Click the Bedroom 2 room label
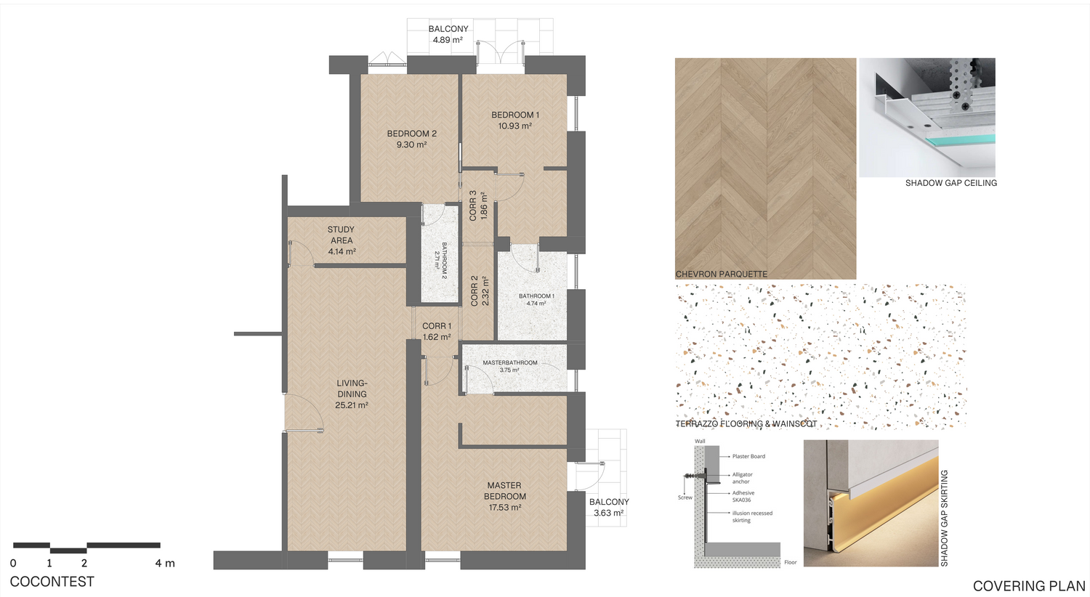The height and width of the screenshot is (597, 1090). click(412, 134)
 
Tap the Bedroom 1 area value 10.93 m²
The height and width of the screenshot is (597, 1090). click(514, 126)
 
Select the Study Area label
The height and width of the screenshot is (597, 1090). click(341, 235)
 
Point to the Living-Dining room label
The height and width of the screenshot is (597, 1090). click(352, 389)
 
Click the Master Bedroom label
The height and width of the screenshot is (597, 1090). click(504, 490)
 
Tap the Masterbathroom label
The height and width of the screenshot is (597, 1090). click(510, 362)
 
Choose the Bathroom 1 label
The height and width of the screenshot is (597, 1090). click(536, 296)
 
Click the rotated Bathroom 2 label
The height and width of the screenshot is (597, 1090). click(444, 261)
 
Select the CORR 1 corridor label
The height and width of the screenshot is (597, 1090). click(437, 326)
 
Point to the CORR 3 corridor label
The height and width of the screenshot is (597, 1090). click(473, 206)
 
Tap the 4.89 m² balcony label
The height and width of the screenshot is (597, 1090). click(448, 40)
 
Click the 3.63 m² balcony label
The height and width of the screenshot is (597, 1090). click(609, 513)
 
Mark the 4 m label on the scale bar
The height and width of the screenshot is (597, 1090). click(165, 564)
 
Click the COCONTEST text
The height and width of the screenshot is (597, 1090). click(52, 582)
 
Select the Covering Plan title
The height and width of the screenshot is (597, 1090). click(1029, 586)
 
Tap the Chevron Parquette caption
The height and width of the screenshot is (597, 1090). click(721, 275)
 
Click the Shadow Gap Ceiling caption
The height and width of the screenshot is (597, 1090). click(951, 183)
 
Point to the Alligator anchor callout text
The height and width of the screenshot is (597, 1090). click(742, 478)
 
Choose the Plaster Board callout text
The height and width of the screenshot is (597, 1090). click(749, 456)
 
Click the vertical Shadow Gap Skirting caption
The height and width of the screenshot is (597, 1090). click(945, 519)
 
